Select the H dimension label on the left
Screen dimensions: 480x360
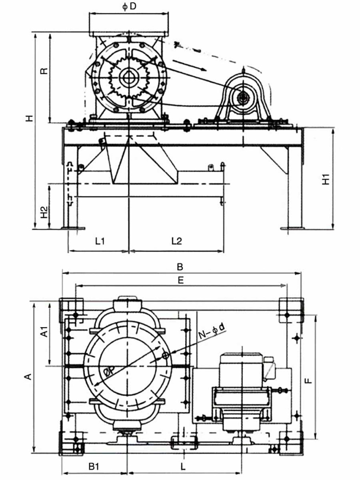(30, 118)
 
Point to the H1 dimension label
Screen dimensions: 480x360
(327, 179)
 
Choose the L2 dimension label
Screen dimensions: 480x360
(176, 241)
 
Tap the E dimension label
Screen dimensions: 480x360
(180, 279)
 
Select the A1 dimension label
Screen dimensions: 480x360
(44, 332)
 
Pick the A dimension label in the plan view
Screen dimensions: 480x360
(28, 376)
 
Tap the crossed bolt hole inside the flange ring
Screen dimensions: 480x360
(165, 356)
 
